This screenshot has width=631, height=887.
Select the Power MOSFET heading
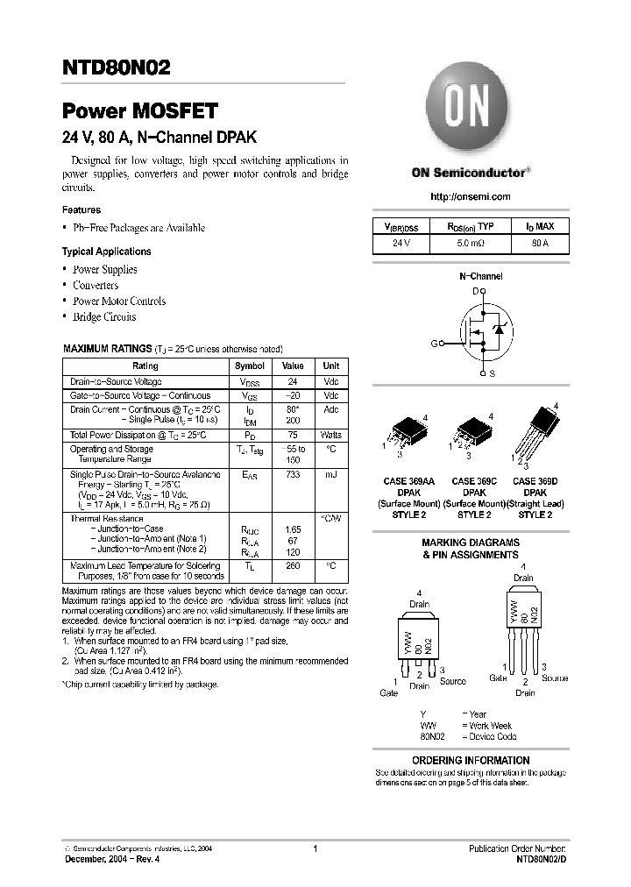[139, 111]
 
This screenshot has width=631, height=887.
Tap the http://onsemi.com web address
[471, 196]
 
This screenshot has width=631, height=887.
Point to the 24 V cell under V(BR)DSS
[401, 243]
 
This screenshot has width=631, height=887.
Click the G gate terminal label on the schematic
[433, 344]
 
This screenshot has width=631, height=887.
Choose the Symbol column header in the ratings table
[249, 365]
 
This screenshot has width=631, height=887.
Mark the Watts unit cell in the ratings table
[331, 435]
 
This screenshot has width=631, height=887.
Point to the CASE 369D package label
[536, 481]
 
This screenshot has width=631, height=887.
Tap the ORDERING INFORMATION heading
[471, 760]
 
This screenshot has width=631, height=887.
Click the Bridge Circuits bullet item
[104, 316]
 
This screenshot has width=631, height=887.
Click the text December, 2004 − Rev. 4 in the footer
[113, 859]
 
